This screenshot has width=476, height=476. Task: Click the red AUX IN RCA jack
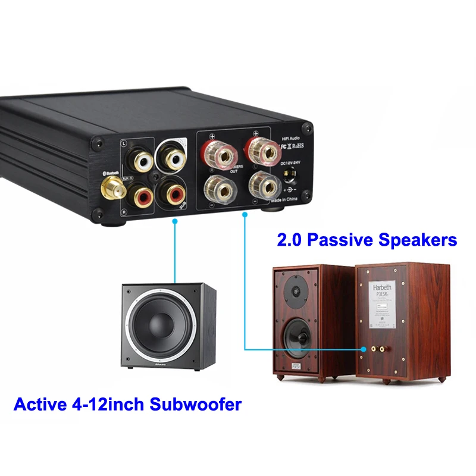pyautogui.click(x=143, y=195)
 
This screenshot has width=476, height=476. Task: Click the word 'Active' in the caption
pyautogui.click(x=38, y=405)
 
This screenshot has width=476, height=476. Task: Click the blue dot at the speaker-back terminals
pyautogui.click(x=364, y=349)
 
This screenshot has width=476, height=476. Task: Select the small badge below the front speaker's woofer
pyautogui.click(x=296, y=364)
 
